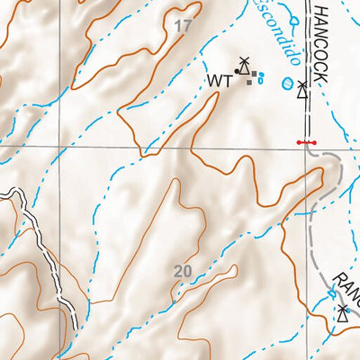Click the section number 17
(x=184, y=27)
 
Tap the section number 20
(x=183, y=271)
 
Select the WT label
(x=220, y=81)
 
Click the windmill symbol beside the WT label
(x=242, y=66)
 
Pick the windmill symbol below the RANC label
(x=343, y=312)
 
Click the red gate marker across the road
(x=306, y=143)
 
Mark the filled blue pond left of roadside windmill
(x=287, y=86)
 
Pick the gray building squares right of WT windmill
(x=255, y=74)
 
